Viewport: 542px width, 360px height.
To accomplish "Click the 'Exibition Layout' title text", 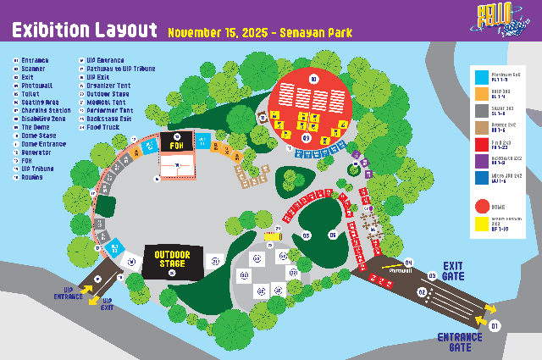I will (x=84, y=30).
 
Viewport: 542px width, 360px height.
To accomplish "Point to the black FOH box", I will (x=177, y=143).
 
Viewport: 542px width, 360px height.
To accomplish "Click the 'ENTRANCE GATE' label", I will (x=460, y=341).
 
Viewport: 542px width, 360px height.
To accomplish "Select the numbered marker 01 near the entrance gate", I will (x=495, y=324).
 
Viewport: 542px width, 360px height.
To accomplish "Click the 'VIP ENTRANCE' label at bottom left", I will (x=69, y=296).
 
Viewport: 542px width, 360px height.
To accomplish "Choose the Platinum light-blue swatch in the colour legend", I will (x=481, y=77).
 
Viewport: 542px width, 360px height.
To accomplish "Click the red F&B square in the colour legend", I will (x=481, y=142).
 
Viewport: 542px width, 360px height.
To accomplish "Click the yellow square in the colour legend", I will (x=481, y=224).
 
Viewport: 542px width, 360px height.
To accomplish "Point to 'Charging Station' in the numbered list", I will (x=46, y=110).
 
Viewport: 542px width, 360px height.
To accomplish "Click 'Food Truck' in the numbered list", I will (x=102, y=126).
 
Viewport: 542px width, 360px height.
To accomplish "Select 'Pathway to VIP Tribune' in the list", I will (x=120, y=69).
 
